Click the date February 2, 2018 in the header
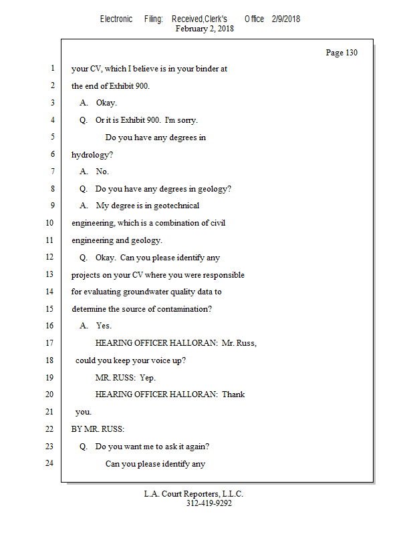click(204, 29)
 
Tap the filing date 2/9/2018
click(286, 19)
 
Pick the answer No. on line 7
click(102, 172)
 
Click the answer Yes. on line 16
click(104, 326)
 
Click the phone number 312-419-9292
click(209, 503)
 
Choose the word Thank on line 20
click(233, 394)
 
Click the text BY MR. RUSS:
click(98, 429)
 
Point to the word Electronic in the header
click(116, 19)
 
